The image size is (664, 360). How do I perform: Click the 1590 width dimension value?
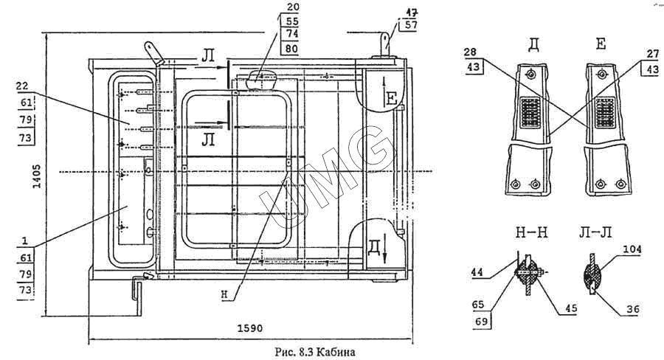[251, 327]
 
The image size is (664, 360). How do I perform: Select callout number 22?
[21, 86]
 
